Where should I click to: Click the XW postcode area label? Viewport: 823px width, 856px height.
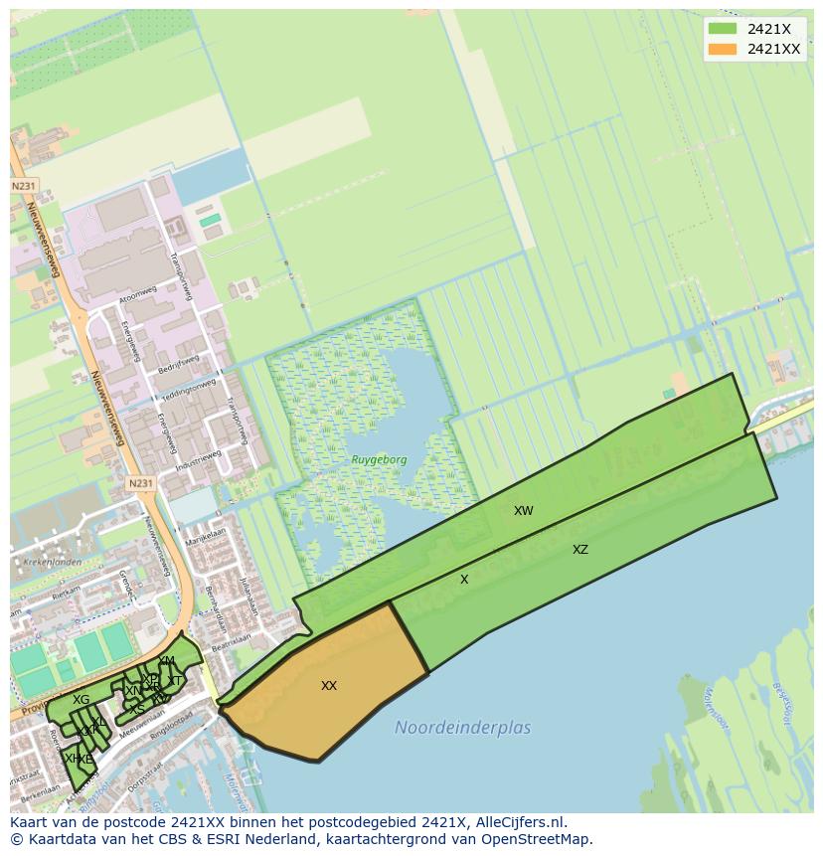pyautogui.click(x=523, y=511)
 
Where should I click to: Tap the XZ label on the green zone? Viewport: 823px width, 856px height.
pyautogui.click(x=580, y=549)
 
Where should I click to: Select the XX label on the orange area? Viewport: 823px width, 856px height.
pyautogui.click(x=329, y=685)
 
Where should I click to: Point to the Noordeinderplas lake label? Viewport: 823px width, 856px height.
pyautogui.click(x=462, y=728)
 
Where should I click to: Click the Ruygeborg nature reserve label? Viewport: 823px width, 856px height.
pyautogui.click(x=379, y=459)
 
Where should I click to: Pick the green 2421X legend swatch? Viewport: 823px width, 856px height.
pyautogui.click(x=723, y=29)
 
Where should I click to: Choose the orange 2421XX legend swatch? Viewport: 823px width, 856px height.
pyautogui.click(x=723, y=49)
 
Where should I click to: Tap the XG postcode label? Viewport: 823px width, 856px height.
pyautogui.click(x=81, y=700)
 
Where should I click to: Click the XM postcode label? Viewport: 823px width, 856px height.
pyautogui.click(x=166, y=661)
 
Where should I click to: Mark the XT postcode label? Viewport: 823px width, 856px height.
pyautogui.click(x=175, y=681)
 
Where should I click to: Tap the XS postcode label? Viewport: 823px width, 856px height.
pyautogui.click(x=137, y=708)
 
